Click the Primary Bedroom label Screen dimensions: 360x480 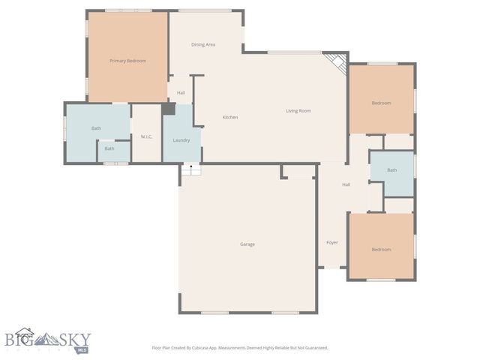[127, 61]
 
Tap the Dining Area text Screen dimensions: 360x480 [203, 45]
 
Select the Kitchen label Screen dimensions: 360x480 [230, 117]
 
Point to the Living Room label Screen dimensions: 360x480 [298, 111]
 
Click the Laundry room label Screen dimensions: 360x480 [181, 140]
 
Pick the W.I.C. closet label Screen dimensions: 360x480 [146, 136]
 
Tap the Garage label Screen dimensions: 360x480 [247, 244]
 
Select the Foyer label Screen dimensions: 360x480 [331, 242]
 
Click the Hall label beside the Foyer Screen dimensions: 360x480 [346, 184]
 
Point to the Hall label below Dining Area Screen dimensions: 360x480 [181, 93]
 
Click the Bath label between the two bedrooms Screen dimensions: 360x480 [391, 170]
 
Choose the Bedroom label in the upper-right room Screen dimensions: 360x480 [381, 103]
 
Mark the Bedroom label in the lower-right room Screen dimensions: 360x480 [381, 250]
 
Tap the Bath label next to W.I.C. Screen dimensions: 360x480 [96, 128]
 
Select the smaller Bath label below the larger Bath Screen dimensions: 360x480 [109, 148]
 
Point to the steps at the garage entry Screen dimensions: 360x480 [190, 170]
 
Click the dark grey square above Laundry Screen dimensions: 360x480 [169, 109]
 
